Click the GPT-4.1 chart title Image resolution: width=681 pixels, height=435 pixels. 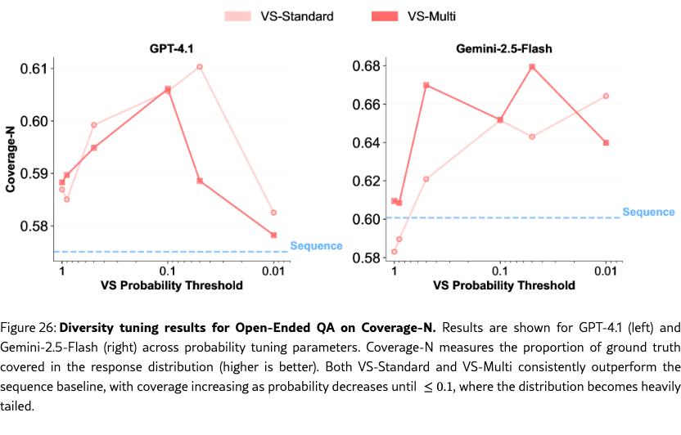coord(169,48)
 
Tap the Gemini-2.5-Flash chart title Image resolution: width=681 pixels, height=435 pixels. coord(503,48)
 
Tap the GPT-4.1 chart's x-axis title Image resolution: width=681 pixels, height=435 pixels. coord(171,285)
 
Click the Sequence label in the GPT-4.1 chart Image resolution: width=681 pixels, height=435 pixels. coord(316,245)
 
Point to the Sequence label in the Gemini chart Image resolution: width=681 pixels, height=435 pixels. coord(648,212)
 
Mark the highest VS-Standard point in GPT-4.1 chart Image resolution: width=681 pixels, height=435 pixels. coord(200,67)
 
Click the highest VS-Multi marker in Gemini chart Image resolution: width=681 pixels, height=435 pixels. coord(532,67)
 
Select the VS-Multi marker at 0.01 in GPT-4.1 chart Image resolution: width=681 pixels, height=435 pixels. coord(273,235)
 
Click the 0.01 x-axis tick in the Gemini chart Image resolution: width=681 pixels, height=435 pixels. coord(606,271)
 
